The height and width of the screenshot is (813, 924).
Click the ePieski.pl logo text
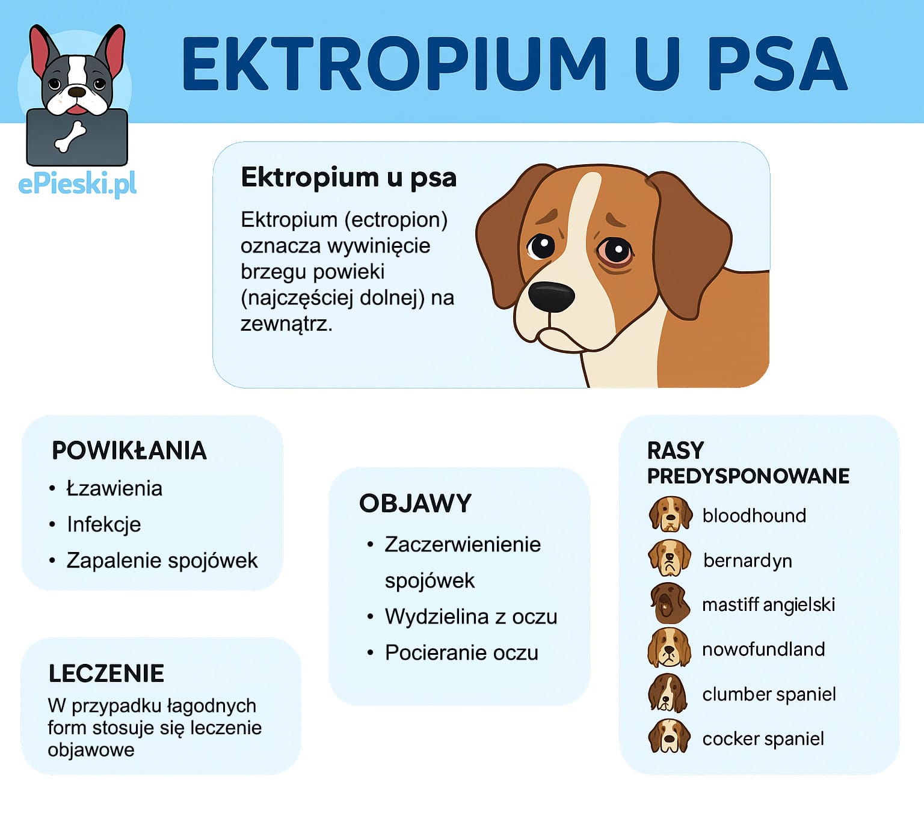[x=78, y=184]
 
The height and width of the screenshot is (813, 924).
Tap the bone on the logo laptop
[x=70, y=137]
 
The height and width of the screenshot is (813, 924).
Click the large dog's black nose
[x=551, y=296]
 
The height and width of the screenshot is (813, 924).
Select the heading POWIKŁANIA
[x=129, y=450]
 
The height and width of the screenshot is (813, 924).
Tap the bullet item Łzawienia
[x=114, y=488]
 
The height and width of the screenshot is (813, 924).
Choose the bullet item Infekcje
[x=103, y=524]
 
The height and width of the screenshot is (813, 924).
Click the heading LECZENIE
[x=106, y=673]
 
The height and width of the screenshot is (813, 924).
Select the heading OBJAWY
[x=416, y=503]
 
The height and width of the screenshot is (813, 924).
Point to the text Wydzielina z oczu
[x=471, y=616]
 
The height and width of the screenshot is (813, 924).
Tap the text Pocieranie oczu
[x=461, y=652]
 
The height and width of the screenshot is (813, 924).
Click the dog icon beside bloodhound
[x=670, y=514]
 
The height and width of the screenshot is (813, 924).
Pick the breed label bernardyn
[x=748, y=560]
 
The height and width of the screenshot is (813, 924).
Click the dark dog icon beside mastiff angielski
[x=669, y=603]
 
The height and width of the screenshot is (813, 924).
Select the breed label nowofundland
[x=763, y=649]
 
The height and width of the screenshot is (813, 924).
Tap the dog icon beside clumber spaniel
[x=668, y=693]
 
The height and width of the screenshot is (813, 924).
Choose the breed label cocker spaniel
[x=763, y=738]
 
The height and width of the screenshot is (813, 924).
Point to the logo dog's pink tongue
[x=77, y=109]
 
